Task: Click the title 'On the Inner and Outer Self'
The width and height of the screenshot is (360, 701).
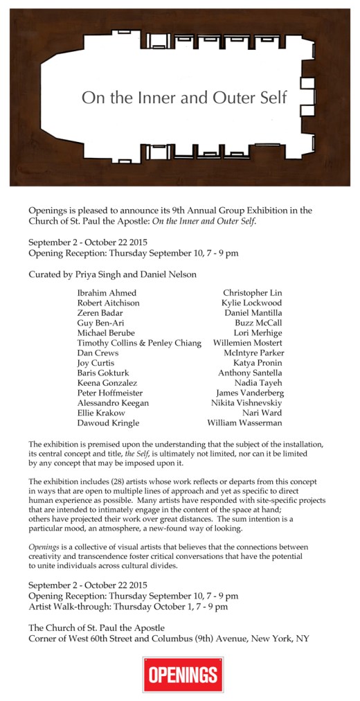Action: (x=183, y=98)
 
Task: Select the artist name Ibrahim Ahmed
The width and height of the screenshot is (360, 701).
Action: (x=107, y=293)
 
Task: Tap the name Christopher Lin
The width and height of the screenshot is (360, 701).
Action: (x=253, y=293)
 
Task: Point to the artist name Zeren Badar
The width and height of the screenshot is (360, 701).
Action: (x=100, y=313)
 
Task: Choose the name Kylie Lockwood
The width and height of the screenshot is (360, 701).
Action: (x=252, y=303)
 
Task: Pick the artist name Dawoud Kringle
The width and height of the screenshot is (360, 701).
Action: (x=108, y=423)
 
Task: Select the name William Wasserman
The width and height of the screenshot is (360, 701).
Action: (x=245, y=423)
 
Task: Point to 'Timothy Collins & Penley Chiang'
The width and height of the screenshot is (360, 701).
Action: (x=139, y=343)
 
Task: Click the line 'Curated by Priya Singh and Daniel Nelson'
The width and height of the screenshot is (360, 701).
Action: (x=112, y=274)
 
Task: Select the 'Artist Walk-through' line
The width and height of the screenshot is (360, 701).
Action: (x=128, y=607)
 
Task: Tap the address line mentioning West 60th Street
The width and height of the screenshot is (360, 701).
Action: (x=168, y=639)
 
